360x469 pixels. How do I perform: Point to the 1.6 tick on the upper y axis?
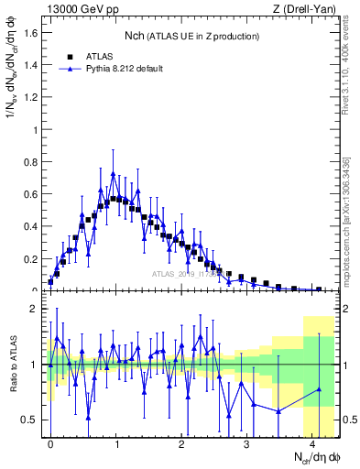[x=28, y=32]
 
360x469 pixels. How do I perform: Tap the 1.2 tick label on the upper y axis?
[x=28, y=97]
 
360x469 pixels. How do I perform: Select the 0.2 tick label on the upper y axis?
[x=28, y=259]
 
